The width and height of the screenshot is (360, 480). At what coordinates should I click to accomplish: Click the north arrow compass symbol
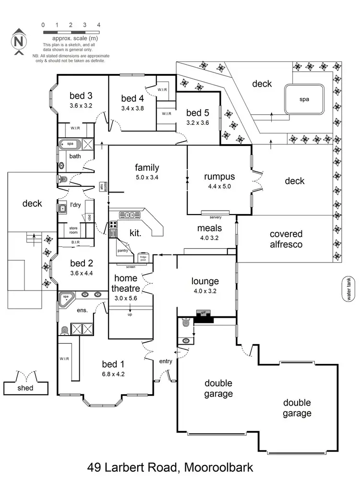tap(18, 41)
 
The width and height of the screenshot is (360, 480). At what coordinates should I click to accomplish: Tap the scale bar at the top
tap(71, 32)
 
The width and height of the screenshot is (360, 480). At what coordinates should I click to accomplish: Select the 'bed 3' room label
tap(81, 95)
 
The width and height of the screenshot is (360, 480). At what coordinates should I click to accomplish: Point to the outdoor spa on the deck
tap(304, 99)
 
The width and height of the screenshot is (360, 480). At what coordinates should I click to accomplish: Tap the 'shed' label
tap(25, 387)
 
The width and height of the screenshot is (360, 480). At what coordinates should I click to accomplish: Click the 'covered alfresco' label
tap(286, 239)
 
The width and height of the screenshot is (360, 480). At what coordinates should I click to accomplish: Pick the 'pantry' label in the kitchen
tap(123, 250)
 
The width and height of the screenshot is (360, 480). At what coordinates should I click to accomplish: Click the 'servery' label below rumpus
tap(216, 217)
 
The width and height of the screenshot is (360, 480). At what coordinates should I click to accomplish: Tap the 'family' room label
tap(147, 168)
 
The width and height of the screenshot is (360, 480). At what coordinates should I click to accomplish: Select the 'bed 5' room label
tap(198, 113)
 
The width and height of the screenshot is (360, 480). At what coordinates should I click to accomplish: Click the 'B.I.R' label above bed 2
tap(75, 242)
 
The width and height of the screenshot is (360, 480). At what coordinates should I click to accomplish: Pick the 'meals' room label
tap(209, 228)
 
